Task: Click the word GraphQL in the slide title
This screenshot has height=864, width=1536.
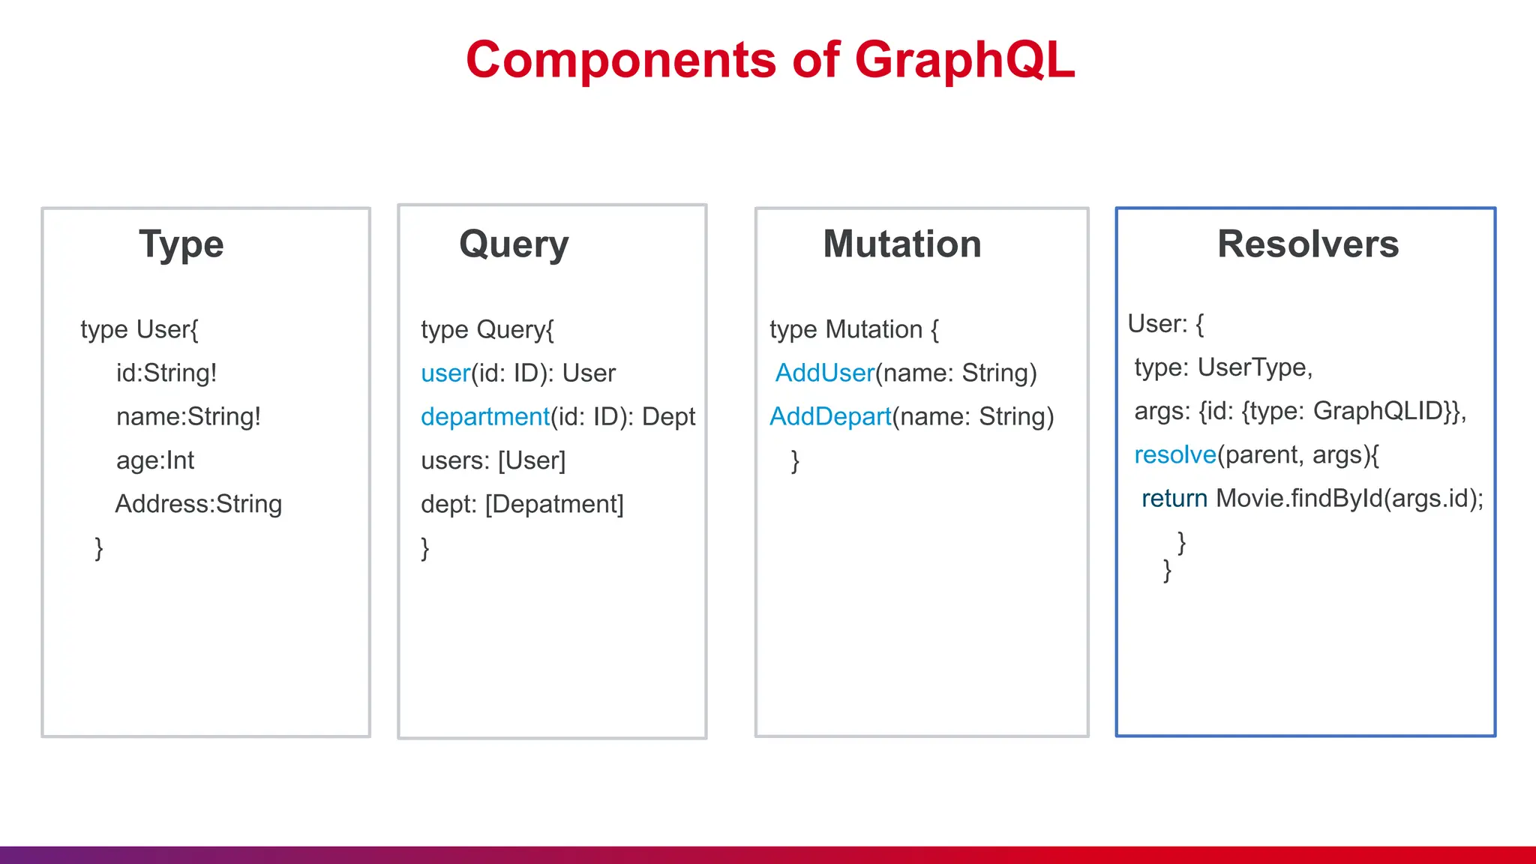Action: pos(964,60)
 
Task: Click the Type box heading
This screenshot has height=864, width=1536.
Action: pos(181,244)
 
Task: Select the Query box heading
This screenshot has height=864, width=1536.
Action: pos(514,244)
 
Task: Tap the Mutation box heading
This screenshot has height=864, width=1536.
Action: pos(901,244)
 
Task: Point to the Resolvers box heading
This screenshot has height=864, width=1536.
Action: pos(1307,244)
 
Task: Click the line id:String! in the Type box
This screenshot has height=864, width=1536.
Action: pos(166,373)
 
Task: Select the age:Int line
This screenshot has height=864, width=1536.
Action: pos(154,460)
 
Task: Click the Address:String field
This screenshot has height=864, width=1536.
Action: pos(198,503)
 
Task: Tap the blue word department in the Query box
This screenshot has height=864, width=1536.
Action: pos(484,416)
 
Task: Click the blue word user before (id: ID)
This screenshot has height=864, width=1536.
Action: pos(445,373)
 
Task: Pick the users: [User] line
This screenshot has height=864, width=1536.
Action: pos(493,460)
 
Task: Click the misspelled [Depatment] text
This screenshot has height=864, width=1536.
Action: pos(554,503)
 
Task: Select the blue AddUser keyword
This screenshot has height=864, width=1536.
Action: pos(824,373)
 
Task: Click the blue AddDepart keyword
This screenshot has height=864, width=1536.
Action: pos(830,416)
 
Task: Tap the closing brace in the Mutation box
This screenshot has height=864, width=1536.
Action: pos(795,460)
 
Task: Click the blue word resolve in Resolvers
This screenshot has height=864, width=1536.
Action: pos(1174,454)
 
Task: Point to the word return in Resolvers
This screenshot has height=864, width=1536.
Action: pos(1174,498)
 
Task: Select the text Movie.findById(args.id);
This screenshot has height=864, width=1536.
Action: pos(1349,498)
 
